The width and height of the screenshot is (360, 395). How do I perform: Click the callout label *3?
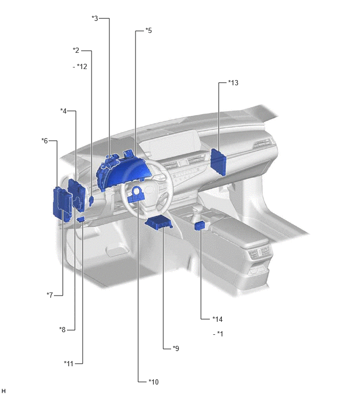click(95, 18)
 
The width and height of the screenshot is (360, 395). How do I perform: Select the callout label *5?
click(149, 30)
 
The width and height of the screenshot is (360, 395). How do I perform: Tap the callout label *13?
click(233, 83)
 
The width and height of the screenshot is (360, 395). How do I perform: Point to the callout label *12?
click(82, 66)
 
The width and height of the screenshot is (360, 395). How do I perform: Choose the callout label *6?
click(44, 141)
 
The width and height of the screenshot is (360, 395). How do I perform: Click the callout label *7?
click(50, 295)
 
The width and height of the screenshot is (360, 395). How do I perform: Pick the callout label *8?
click(62, 329)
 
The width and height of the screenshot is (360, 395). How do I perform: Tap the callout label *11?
click(68, 364)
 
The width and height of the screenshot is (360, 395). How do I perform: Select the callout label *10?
click(153, 382)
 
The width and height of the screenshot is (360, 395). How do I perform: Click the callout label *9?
click(176, 348)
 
